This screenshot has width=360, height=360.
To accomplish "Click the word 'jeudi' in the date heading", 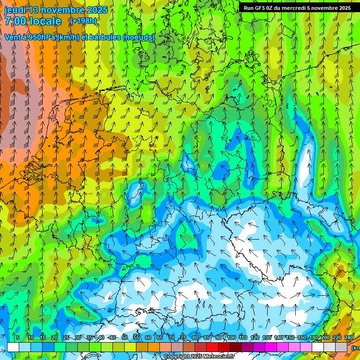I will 15,10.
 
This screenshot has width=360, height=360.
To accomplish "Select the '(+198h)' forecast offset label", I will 83,21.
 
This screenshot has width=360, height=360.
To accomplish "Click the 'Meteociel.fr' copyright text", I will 216,357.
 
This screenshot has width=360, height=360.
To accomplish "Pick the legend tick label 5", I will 18,337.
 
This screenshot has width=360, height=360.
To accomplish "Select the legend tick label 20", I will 54,337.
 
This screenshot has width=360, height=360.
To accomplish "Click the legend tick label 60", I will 148,337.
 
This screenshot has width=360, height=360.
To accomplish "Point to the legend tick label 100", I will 231,337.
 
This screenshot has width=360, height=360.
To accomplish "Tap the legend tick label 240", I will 349,337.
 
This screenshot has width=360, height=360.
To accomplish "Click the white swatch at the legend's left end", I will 13,347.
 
